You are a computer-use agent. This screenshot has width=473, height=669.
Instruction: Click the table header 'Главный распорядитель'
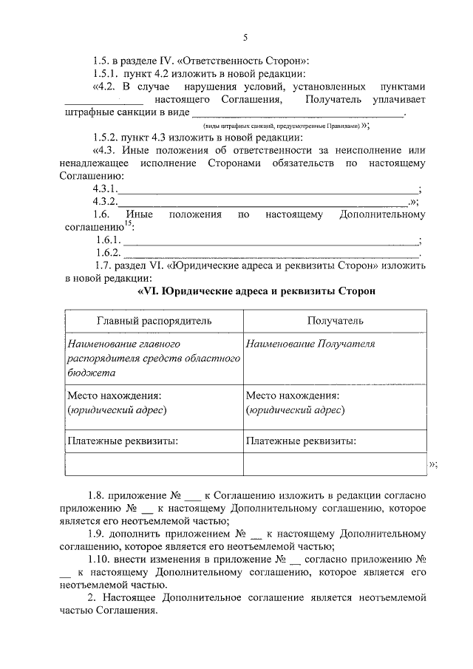154,321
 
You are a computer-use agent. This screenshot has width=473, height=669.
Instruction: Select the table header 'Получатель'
335,321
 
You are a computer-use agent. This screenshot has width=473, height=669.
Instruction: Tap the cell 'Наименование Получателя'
310,344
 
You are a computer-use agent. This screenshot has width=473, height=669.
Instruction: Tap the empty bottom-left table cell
154,464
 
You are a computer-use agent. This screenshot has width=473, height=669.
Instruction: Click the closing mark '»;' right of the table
433,464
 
